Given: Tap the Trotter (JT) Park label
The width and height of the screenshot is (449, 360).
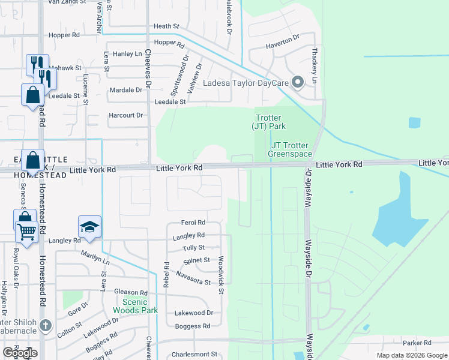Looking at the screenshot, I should pos(268,122).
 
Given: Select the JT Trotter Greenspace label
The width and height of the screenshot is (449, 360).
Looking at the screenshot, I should pos(291,150).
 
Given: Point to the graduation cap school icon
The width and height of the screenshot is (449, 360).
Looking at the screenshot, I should pos(89,227).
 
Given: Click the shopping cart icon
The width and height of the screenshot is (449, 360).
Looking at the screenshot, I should pos(26,231).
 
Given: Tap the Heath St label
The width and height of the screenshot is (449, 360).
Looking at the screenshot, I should pos(166,26).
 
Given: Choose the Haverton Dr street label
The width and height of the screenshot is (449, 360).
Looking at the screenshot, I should pos(283,41).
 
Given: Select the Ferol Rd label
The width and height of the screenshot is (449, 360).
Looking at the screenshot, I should pos(193,223).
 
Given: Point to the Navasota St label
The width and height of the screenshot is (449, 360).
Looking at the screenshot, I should pos(193,278).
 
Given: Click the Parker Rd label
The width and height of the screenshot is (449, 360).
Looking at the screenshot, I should pos(417,343).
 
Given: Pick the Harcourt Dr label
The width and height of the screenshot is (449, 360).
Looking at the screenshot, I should pos(126,115).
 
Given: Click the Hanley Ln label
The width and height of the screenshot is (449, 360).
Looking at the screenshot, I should pos(127,54).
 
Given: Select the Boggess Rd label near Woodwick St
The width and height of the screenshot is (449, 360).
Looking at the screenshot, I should pos(193,326).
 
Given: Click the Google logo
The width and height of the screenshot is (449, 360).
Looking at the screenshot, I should pos(20,353).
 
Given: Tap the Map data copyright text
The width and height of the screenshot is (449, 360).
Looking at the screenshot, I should pos(412,355).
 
